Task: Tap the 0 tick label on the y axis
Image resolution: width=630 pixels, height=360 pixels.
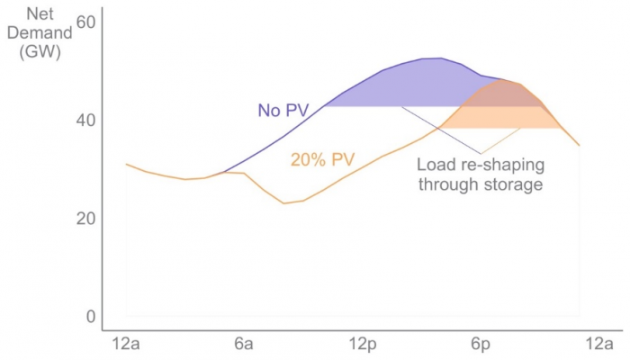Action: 89,317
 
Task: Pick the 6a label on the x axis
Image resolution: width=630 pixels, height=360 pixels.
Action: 243,344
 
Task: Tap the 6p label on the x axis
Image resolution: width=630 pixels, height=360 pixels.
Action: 479,344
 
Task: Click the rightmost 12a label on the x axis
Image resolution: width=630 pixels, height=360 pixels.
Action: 597,344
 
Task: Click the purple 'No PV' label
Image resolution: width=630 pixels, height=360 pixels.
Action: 283,111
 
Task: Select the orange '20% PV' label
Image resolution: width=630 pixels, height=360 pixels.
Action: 321,160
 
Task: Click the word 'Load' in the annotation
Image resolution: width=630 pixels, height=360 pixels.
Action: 435,166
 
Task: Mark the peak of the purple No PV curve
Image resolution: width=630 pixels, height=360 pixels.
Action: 438,58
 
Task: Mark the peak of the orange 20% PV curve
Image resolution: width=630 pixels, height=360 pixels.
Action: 502,79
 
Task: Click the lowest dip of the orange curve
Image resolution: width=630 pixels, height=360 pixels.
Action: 283,203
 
